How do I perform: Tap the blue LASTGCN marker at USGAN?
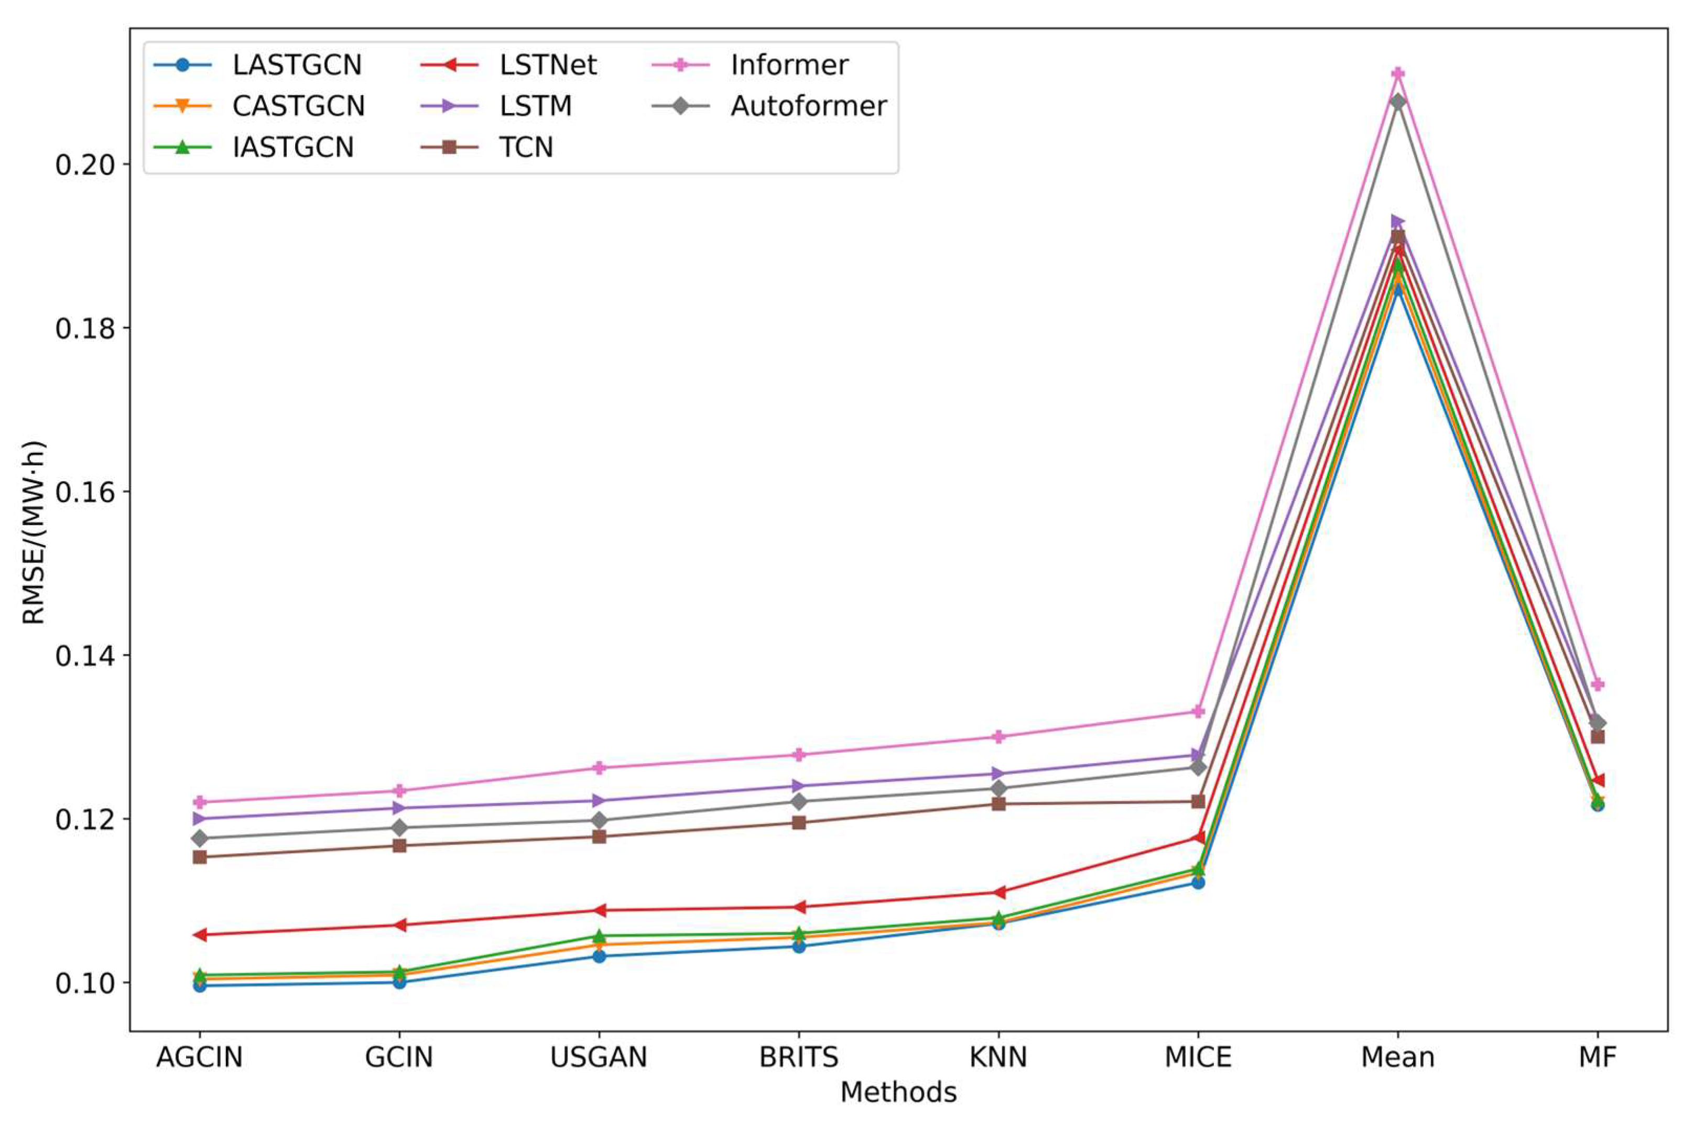(x=599, y=956)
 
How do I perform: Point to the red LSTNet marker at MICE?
(x=1198, y=837)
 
